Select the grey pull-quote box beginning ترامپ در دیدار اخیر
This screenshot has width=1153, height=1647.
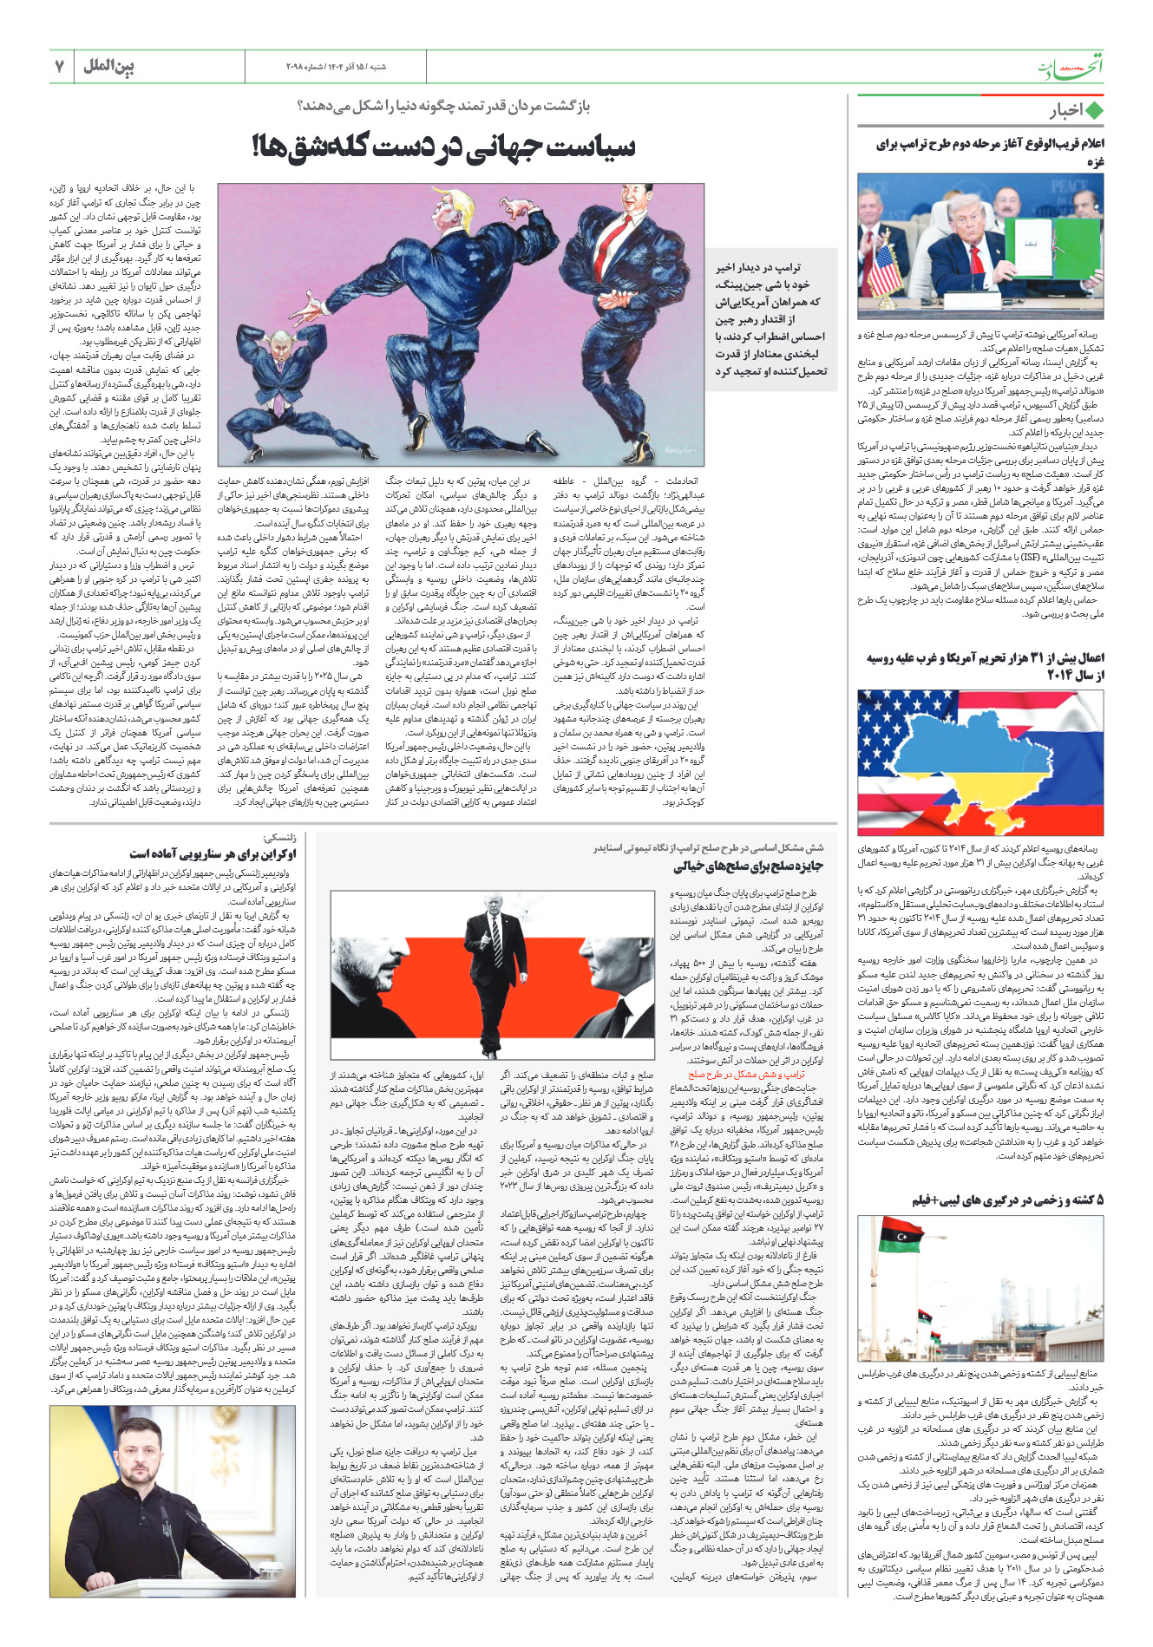point(770,319)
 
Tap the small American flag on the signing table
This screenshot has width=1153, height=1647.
point(884,268)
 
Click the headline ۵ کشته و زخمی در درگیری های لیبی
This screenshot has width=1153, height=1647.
point(1007,1199)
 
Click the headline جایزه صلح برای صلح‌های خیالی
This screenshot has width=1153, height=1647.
point(748,866)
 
